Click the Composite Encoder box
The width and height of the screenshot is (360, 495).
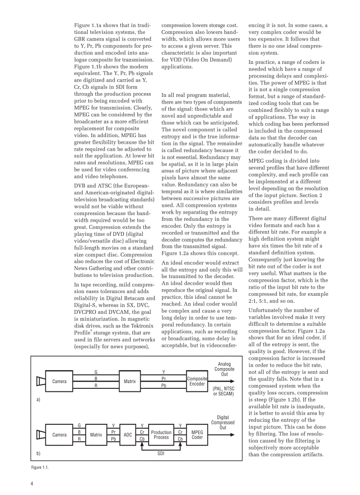197,381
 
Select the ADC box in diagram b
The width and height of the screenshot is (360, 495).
127,435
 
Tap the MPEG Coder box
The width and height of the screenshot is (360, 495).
197,435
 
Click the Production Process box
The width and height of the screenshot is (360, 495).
161,435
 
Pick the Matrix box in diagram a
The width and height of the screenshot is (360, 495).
130,381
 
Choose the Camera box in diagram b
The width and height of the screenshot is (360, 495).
60,435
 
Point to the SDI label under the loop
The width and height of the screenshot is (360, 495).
161,453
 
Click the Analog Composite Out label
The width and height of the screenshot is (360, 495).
224,369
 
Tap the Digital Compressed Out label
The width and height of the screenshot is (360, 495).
223,422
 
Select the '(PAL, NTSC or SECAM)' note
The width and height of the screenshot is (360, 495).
223,391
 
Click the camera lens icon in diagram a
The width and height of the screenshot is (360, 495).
40,381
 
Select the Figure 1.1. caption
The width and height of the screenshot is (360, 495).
40,467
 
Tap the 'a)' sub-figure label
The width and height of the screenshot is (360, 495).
38,400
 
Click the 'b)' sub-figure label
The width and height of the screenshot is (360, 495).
38,453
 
